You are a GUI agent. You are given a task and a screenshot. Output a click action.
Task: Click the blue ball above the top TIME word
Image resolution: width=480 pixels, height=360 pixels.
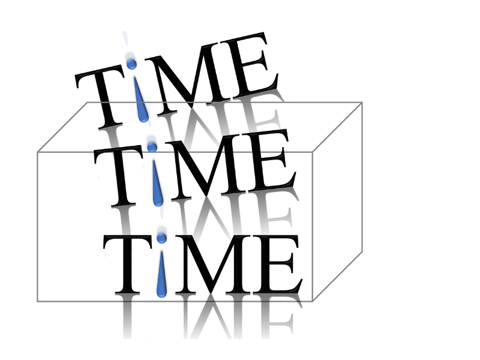coord(130,60)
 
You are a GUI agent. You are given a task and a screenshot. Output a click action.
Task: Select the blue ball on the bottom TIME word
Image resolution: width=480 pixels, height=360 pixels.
coord(161,236)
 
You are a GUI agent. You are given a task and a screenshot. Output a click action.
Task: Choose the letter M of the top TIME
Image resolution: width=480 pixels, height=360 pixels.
coord(192,72)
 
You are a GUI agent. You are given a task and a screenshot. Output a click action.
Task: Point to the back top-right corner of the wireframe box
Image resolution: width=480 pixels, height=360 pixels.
coord(363,103)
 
